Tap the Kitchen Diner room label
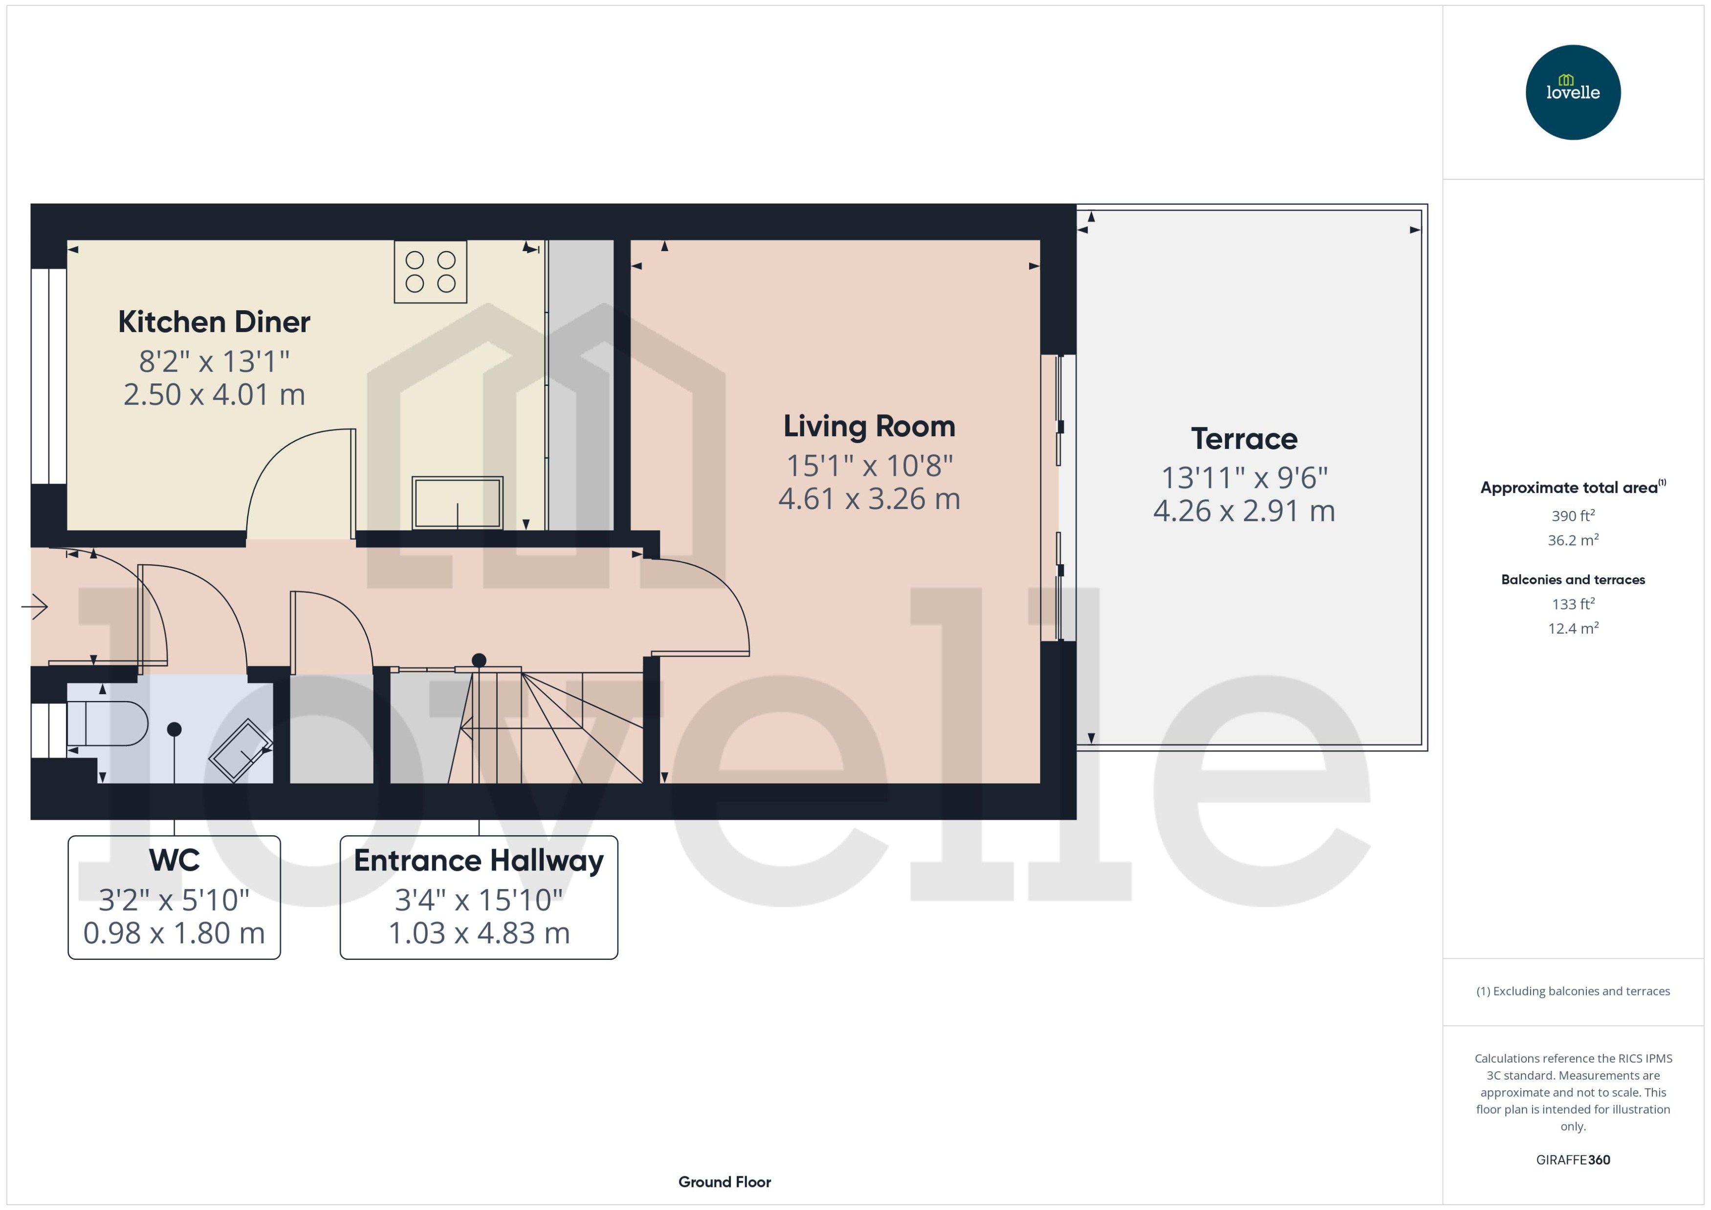[214, 322]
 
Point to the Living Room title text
[869, 426]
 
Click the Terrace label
[1244, 439]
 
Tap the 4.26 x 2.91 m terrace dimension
[1244, 511]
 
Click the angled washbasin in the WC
[240, 750]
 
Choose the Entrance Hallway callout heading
[479, 861]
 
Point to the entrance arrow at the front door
[35, 607]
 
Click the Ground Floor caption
[724, 1182]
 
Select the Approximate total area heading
[1569, 488]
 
